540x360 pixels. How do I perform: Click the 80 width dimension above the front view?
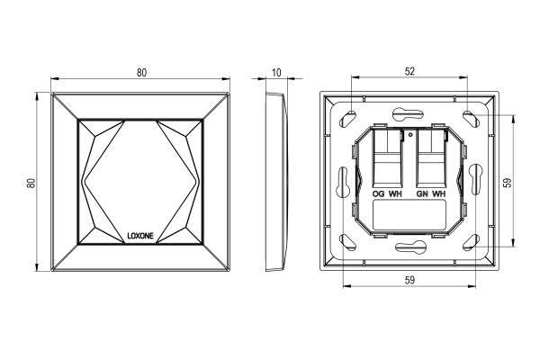[x=141, y=73]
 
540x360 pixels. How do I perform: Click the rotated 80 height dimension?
[x=31, y=183]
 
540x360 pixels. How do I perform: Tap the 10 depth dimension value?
[x=276, y=73]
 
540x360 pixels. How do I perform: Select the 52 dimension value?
[x=409, y=71]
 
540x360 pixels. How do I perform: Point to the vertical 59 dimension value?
[x=508, y=183]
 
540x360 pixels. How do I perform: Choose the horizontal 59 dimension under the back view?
[x=409, y=281]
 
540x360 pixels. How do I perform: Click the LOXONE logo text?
[x=140, y=236]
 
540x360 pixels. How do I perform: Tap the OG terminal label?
[x=378, y=194]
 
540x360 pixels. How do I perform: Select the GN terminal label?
[x=422, y=194]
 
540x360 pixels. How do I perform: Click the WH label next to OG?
[x=395, y=194]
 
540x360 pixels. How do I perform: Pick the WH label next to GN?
[x=439, y=194]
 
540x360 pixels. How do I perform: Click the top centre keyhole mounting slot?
[x=408, y=114]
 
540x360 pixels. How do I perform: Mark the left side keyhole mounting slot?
[x=343, y=182]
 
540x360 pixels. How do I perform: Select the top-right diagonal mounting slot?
[x=471, y=118]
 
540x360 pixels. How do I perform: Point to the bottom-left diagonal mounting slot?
[x=347, y=242]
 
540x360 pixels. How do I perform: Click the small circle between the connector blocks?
[x=409, y=135]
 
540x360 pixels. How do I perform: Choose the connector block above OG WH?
[x=388, y=157]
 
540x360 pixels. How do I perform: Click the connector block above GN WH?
[x=432, y=157]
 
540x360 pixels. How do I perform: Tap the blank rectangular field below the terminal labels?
[x=409, y=215]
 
